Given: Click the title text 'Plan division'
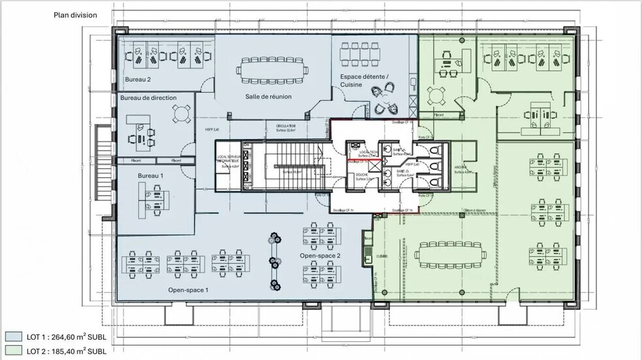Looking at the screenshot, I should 75,14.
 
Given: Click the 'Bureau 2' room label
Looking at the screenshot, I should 138,80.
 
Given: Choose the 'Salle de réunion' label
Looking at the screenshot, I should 268,97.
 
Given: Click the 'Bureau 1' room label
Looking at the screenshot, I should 150,176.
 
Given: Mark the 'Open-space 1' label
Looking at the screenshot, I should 188,290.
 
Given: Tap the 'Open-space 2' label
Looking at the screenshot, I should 320,256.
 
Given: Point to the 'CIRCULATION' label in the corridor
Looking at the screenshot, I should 286,125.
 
